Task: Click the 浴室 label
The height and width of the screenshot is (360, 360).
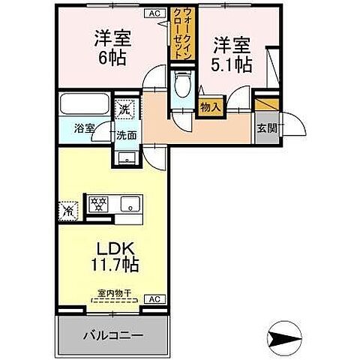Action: click(83, 128)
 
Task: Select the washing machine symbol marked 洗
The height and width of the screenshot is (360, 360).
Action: click(124, 109)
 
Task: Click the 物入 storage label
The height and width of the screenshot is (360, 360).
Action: click(211, 108)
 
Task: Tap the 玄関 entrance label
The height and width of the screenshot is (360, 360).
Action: click(266, 127)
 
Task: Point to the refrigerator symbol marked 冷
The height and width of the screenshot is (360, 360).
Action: click(68, 211)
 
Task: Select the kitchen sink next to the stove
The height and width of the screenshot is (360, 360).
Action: click(130, 202)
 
